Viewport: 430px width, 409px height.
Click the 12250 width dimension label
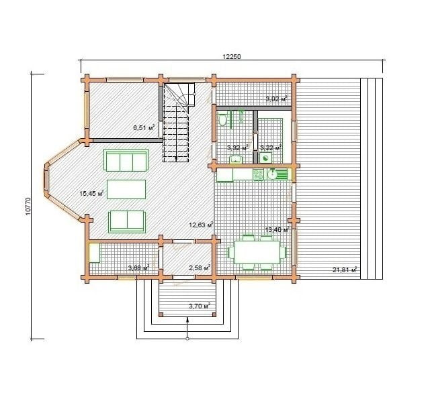click(232, 56)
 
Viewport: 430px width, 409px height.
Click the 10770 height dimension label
click(28, 206)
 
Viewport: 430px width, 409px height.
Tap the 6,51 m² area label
click(144, 127)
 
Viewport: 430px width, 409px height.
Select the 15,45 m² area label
click(91, 193)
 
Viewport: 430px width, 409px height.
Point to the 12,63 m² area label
click(202, 225)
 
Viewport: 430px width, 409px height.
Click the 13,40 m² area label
click(277, 229)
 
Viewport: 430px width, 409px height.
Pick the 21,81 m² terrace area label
click(345, 270)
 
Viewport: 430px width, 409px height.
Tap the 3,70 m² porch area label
click(200, 306)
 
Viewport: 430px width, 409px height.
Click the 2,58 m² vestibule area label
click(200, 268)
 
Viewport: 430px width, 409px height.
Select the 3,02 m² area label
click(276, 99)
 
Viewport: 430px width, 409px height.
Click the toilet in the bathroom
click(222, 119)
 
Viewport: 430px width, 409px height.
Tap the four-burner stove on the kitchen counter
click(258, 174)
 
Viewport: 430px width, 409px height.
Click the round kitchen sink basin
click(272, 174)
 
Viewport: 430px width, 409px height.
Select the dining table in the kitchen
click(257, 252)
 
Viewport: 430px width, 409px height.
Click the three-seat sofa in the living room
click(126, 160)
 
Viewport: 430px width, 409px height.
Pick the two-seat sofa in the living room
click(127, 222)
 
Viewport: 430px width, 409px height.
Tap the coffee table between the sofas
click(126, 189)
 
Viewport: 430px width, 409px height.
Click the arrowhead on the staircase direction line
click(176, 159)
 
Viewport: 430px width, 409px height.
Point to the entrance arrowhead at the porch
click(187, 319)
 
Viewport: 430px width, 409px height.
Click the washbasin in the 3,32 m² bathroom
click(236, 159)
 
